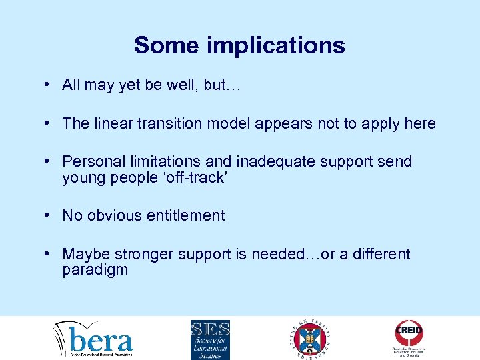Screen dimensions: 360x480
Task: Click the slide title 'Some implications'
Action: pyautogui.click(x=239, y=45)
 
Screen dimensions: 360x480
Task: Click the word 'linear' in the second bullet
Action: pyautogui.click(x=109, y=123)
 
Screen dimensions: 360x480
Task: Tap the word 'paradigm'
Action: pyautogui.click(x=95, y=270)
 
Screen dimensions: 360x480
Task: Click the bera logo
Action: pyautogui.click(x=94, y=339)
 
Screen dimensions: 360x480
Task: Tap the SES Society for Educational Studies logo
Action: pyautogui.click(x=210, y=339)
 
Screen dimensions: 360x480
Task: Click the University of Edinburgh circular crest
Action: pyautogui.click(x=311, y=339)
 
